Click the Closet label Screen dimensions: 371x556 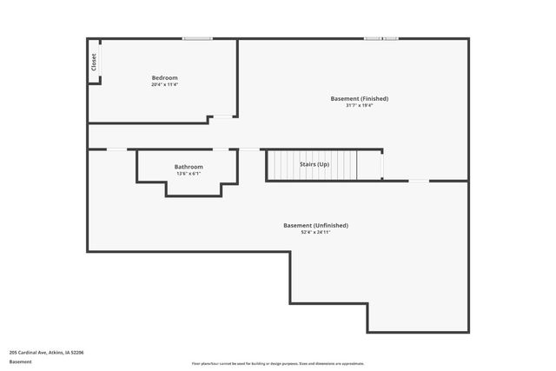(x=93, y=62)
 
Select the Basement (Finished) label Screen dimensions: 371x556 (x=359, y=98)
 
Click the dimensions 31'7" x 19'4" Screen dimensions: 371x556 (x=359, y=106)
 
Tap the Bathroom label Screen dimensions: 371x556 (x=189, y=167)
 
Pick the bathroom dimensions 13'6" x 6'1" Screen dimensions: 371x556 (x=189, y=174)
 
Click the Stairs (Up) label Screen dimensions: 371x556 (x=314, y=164)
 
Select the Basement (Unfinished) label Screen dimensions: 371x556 (x=315, y=225)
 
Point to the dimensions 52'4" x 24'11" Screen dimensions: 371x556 (x=315, y=233)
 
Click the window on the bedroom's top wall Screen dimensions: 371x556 (x=198, y=38)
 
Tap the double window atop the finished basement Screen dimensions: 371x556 (x=381, y=38)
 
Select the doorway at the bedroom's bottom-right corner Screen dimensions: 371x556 (x=224, y=116)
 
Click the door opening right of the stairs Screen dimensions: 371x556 (x=382, y=163)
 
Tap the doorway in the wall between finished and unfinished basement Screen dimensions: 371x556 (x=419, y=181)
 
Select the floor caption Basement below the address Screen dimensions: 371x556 (x=21, y=361)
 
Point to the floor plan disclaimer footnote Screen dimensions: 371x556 (x=278, y=363)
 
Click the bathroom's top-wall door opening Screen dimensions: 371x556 (x=222, y=149)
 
